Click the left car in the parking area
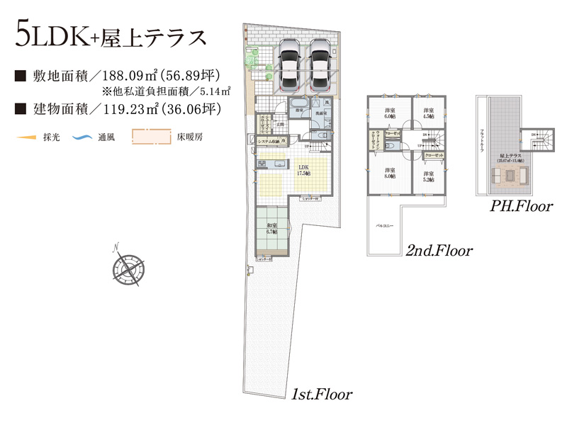(290, 64)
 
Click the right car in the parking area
(320, 64)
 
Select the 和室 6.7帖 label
(271, 229)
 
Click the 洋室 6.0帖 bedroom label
(390, 113)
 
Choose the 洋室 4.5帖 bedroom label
(428, 113)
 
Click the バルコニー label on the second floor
(384, 225)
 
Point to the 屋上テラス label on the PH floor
(510, 156)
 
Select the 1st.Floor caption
(322, 393)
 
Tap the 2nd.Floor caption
(439, 251)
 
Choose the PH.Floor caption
(522, 208)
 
